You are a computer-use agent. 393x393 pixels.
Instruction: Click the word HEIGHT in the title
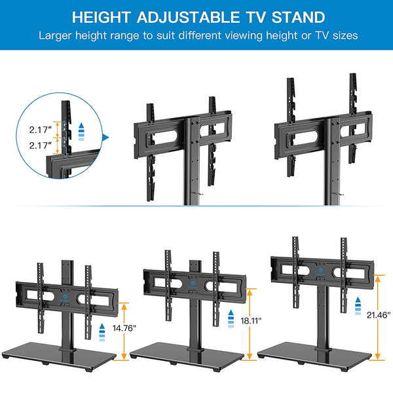101,17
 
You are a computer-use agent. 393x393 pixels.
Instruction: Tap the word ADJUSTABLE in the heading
188,17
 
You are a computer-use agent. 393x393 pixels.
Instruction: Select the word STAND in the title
298,17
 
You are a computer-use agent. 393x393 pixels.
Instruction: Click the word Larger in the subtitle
55,35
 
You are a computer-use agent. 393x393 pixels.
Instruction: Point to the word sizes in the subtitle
345,35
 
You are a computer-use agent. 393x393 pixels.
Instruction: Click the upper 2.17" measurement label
41,130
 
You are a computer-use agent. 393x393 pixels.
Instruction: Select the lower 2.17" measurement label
41,145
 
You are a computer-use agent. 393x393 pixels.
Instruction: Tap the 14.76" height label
124,328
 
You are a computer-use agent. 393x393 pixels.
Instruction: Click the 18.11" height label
251,320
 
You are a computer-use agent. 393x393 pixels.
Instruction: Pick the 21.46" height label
379,315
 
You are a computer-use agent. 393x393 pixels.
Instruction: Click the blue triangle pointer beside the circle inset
106,138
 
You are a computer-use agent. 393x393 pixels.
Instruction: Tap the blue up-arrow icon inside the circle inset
81,132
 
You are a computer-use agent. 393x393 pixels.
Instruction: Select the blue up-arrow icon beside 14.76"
102,332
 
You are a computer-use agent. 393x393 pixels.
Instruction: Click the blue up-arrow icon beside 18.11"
231,319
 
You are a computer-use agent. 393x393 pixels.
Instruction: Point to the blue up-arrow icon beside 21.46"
358,306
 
